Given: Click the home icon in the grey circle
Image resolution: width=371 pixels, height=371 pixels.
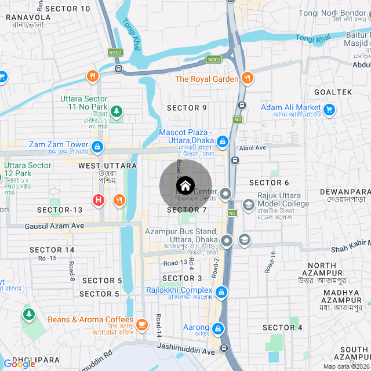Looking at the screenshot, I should point(185,185).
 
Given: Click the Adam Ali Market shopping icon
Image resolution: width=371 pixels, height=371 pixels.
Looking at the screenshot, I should point(329,108).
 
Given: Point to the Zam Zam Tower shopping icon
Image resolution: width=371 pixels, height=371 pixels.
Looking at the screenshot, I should point(97,147).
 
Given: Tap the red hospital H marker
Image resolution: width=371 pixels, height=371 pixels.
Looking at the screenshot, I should point(99,201).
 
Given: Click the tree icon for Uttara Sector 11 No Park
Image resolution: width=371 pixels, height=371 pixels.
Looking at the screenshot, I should point(117,110).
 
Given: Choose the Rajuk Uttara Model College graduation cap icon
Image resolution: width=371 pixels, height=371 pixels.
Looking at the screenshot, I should point(248,205).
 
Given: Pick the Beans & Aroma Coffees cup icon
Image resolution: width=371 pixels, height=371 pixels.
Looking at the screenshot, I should point(143,322).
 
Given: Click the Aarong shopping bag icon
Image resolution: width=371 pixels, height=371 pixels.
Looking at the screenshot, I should point(217,329).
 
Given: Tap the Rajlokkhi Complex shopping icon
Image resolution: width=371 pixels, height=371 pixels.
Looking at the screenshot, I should point(220,292).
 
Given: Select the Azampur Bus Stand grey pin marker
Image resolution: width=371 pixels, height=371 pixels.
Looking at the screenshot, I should point(227,240).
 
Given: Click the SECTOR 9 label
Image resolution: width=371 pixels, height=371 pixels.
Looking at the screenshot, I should point(187,108).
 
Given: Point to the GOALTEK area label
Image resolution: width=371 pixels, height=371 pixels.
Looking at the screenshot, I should point(333,92).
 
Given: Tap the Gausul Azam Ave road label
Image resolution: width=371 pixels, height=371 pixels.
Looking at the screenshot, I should point(54,225).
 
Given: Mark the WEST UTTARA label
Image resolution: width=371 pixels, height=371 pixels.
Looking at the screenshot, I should point(108,166).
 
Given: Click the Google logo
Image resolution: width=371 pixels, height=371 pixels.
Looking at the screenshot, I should point(19,363).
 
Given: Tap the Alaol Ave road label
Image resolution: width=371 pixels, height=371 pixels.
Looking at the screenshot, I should point(253,148).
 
